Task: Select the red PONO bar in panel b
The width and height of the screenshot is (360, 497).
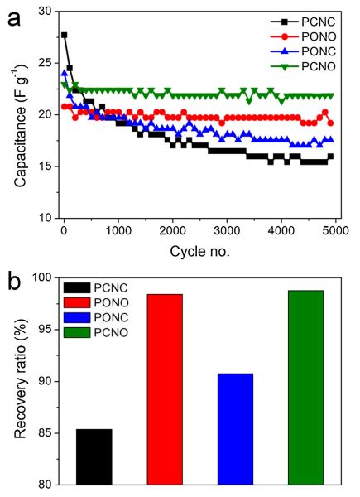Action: point(165,388)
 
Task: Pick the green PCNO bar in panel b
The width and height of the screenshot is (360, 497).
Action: point(305,387)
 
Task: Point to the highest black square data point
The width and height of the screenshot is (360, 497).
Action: point(65,35)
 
